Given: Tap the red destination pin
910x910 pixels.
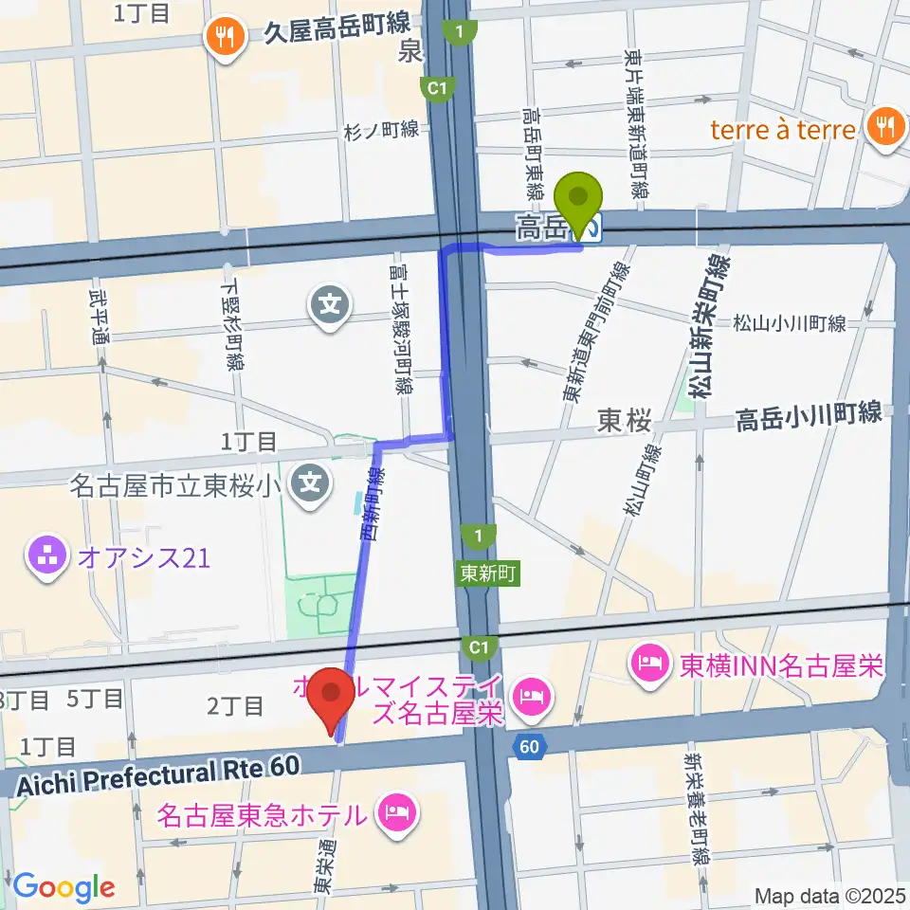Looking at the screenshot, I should coord(332,698).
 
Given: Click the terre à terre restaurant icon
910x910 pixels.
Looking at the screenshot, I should coord(884,129).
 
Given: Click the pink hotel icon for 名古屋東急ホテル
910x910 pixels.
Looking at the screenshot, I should coord(393,812).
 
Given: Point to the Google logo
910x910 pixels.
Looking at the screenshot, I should coord(63,887).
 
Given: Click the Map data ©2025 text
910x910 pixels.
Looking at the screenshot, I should coord(829,894).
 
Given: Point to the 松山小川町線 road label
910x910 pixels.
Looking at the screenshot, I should coord(789,323).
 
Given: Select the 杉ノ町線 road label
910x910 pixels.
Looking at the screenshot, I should coord(381,130).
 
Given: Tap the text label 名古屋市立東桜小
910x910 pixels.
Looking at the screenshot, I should coord(176,486).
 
